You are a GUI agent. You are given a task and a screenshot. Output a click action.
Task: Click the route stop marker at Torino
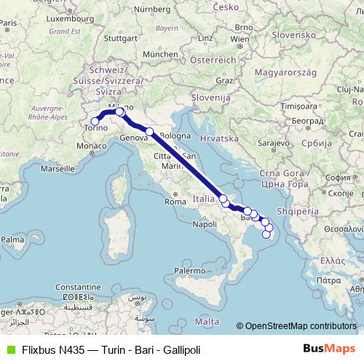click(x=95, y=122)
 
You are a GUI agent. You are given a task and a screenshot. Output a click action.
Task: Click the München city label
click(x=160, y=54)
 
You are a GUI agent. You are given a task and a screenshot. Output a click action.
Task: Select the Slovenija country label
click(x=210, y=97)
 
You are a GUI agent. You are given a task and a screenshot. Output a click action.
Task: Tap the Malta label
click(x=207, y=320)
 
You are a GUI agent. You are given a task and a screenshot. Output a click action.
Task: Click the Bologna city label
click(x=175, y=136)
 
